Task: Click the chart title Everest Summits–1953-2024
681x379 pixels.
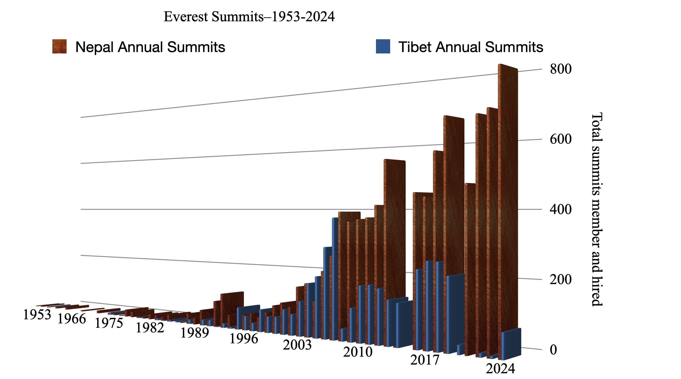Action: [249, 17]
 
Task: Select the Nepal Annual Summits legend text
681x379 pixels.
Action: [150, 47]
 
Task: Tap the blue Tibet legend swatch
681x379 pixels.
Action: [383, 46]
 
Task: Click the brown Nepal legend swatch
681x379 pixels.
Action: [59, 46]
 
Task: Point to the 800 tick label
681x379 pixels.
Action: [560, 69]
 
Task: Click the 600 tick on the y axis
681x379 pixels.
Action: [560, 139]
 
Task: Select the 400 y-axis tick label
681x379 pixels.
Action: [560, 209]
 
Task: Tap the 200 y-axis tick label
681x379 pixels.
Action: [560, 279]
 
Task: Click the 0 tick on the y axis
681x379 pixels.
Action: [553, 350]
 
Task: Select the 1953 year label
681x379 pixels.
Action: [37, 315]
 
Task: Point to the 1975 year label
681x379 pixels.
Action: [109, 323]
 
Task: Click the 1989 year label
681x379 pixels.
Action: [195, 333]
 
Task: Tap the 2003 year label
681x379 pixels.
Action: [297, 345]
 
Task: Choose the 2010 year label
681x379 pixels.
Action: [357, 352]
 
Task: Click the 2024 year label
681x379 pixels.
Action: [500, 369]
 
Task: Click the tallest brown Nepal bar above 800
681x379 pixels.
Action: [508, 191]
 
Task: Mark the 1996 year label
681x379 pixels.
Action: [244, 339]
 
